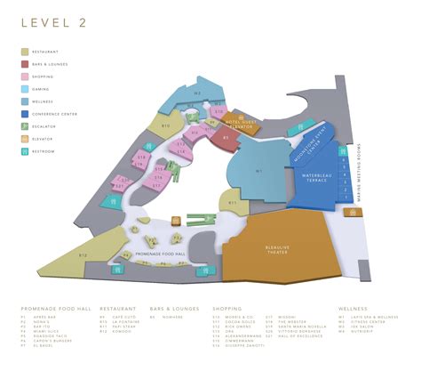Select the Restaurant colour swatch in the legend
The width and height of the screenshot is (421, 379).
(24, 52)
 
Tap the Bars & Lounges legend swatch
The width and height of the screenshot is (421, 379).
(24, 64)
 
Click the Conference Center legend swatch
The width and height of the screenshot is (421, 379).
(24, 114)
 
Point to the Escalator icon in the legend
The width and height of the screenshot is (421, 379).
(24, 126)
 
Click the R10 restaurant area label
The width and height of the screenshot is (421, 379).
(165, 125)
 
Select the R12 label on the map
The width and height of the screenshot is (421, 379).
(82, 254)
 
